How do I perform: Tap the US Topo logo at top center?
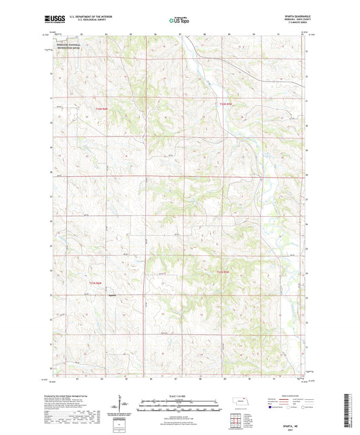pyautogui.click(x=177, y=20)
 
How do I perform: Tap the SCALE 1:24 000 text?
pyautogui.click(x=180, y=394)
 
